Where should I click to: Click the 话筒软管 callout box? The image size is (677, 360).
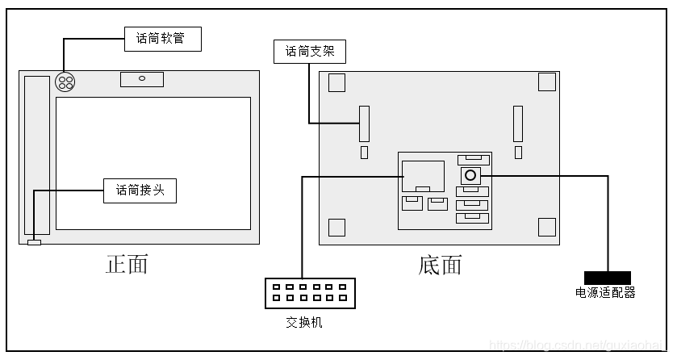coord(162,38)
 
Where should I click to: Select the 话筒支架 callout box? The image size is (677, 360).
coord(310,52)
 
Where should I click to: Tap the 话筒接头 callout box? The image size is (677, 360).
coord(140,190)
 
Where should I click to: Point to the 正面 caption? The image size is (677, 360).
coord(127,264)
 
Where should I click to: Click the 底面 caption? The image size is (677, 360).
coord(441,264)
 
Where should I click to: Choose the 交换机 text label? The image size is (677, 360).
coord(304,321)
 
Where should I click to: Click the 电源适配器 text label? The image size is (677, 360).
coord(606,292)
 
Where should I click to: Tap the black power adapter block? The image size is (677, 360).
coord(607,278)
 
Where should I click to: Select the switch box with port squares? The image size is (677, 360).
coord(310,292)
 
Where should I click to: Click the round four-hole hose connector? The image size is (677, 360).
coord(65,82)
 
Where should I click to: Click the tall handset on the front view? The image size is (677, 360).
coord(37,154)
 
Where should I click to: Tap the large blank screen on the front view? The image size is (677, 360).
coord(153,163)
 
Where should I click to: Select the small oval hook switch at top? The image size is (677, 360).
coord(142,79)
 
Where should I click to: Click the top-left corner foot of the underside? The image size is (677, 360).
coord(337,82)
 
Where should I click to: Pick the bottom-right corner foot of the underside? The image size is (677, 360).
coord(546,227)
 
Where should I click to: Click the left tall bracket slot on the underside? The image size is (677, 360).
coord(364,123)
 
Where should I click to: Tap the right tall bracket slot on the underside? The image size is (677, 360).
coord(518,123)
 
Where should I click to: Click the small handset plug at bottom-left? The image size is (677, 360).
coord(34,242)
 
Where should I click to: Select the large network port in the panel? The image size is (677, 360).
coord(423,176)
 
